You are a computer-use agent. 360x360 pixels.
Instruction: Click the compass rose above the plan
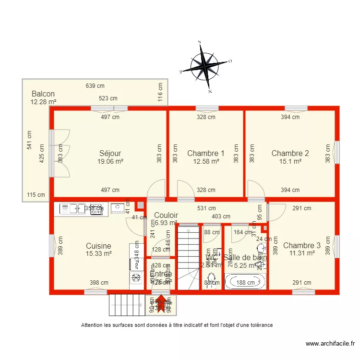tap(205, 66)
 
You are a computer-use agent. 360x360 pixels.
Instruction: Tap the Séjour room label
tap(110, 154)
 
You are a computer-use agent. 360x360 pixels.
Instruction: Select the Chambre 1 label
tap(205, 154)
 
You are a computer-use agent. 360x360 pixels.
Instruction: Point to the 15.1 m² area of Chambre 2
tap(290, 162)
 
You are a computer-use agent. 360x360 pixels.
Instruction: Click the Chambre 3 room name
tap(301, 245)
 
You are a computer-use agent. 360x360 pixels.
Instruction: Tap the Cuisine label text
tap(98, 246)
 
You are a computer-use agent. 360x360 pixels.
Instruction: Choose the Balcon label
tap(43, 94)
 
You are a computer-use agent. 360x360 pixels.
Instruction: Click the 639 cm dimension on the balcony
tap(95, 86)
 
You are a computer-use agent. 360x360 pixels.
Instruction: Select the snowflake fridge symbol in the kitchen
tap(136, 278)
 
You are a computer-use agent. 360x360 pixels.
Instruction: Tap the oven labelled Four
tap(136, 264)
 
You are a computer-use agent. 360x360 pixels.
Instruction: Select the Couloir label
tap(166, 216)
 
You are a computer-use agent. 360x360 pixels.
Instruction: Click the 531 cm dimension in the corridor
tap(207, 208)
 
